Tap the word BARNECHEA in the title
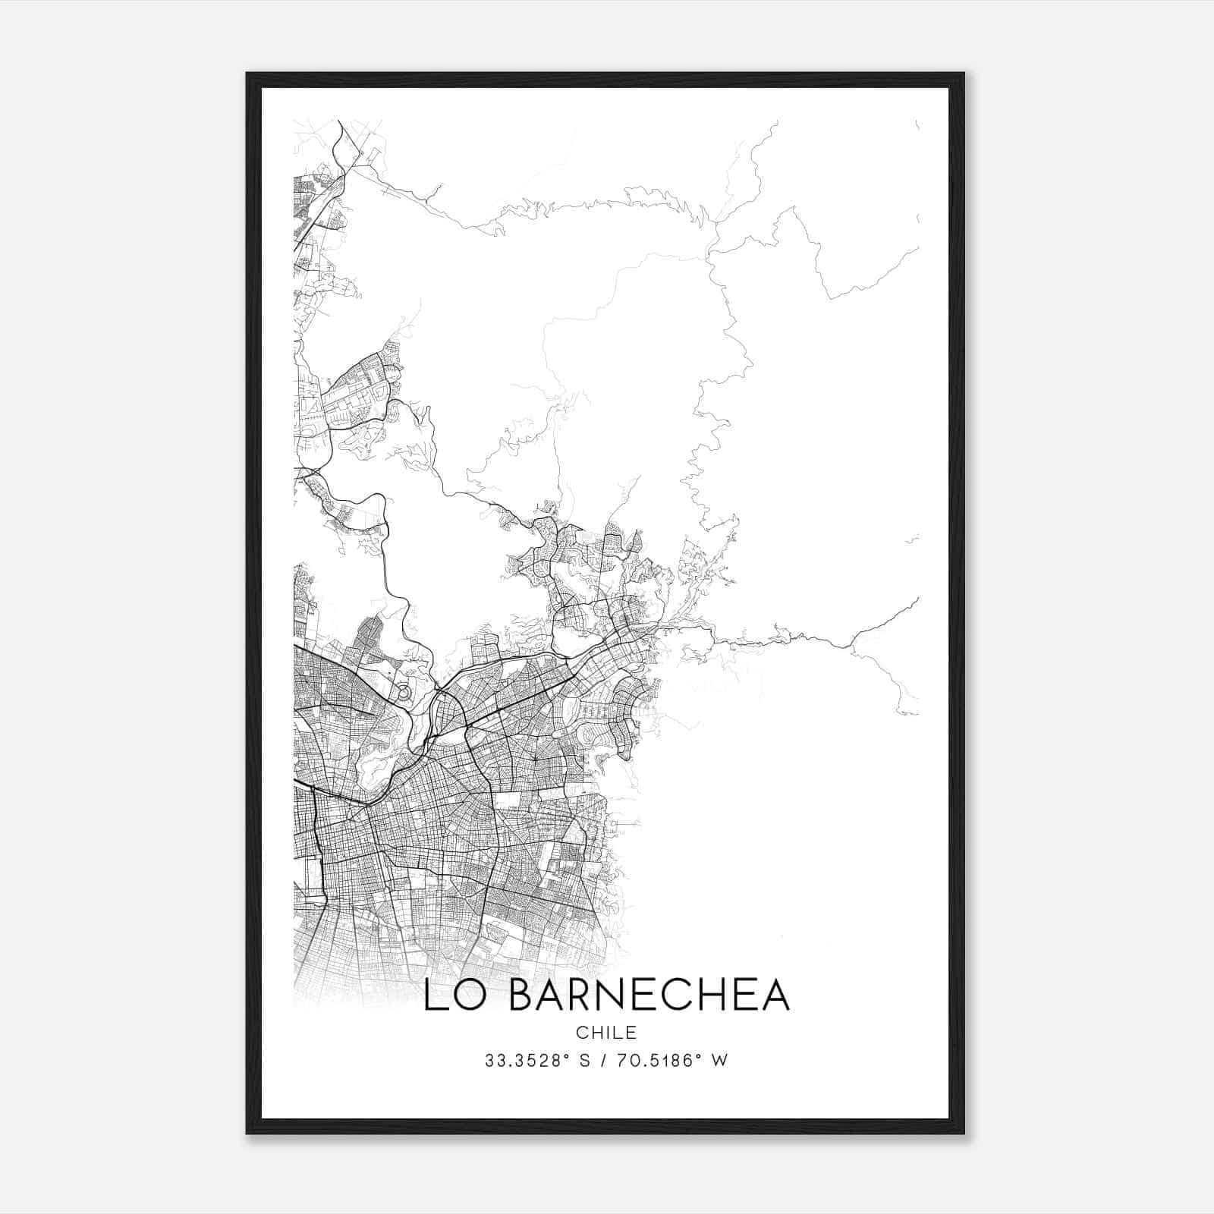(x=649, y=995)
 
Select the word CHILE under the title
(x=606, y=1033)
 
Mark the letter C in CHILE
(x=581, y=1033)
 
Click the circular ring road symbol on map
(x=404, y=692)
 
